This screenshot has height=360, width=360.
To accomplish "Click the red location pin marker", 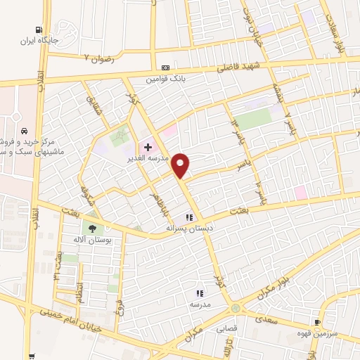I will click(181, 165).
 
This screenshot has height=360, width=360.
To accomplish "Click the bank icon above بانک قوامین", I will click(165, 67).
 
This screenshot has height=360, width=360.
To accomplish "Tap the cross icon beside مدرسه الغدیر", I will click(148, 147).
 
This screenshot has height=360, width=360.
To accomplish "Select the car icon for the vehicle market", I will click(25, 131).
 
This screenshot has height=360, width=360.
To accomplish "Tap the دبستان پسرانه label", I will click(188, 229).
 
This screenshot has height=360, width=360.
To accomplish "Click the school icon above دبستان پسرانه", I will click(188, 218).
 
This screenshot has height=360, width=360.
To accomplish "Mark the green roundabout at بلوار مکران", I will click(235, 308).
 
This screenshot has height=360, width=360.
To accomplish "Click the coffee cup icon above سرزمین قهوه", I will click(318, 322).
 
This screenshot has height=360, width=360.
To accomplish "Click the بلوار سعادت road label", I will click(338, 27).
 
